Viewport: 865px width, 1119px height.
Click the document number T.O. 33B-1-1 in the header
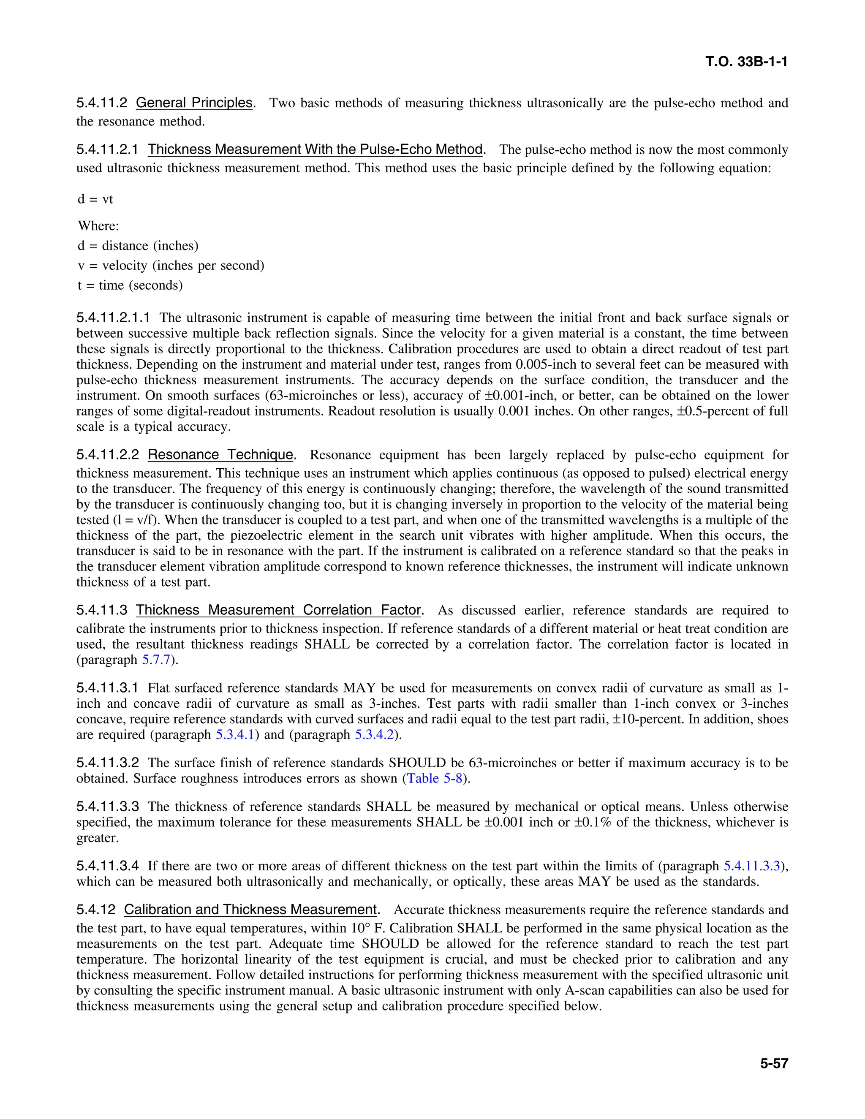(x=746, y=62)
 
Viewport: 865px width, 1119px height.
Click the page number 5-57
(x=774, y=1064)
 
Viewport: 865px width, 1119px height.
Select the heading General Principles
(x=194, y=103)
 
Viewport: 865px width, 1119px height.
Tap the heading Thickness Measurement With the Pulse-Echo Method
(x=315, y=149)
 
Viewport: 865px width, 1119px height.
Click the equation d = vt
(x=95, y=199)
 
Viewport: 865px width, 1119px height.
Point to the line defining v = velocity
(x=171, y=266)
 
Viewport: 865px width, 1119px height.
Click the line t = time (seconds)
(x=130, y=285)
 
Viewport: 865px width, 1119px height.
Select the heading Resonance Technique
(x=221, y=455)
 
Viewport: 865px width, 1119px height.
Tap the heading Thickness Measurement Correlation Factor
(x=278, y=610)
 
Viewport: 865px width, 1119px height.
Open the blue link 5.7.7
(x=156, y=660)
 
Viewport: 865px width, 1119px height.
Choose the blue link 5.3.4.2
(x=374, y=735)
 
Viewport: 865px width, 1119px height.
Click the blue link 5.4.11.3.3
(x=752, y=866)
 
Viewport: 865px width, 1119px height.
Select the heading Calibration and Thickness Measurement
(x=250, y=910)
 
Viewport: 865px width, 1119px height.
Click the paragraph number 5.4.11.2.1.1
(x=113, y=318)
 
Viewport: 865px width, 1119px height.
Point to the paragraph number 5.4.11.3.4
(x=108, y=866)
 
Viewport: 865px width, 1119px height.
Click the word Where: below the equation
(x=98, y=226)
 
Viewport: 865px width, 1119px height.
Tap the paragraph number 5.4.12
(x=96, y=910)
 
